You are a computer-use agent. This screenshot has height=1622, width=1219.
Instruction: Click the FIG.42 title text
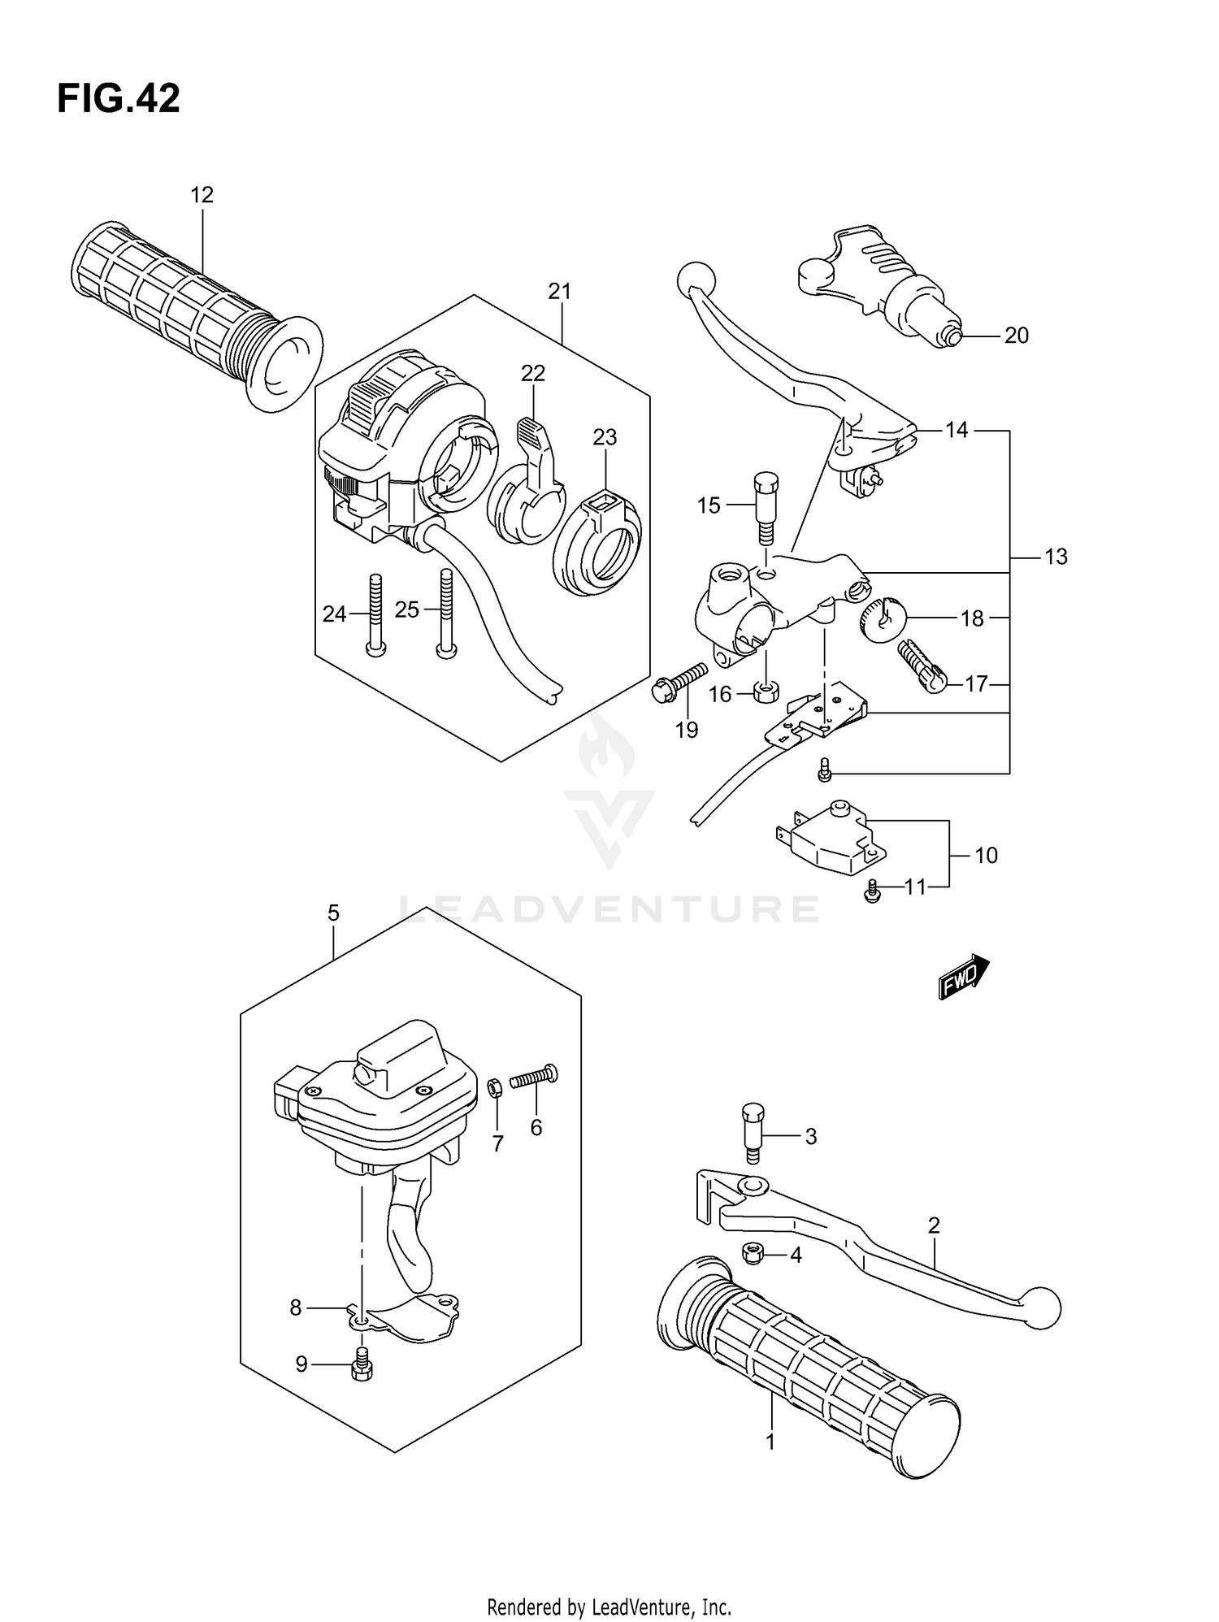[x=119, y=99]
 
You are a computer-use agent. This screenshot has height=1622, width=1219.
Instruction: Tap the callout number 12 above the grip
[x=202, y=195]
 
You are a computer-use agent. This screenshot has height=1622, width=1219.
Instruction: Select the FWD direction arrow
[x=964, y=977]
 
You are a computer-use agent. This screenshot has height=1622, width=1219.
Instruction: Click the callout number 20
[x=1016, y=336]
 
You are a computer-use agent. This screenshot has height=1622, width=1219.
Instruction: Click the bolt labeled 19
[x=678, y=682]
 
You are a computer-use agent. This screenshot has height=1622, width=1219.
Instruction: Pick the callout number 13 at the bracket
[x=1055, y=557]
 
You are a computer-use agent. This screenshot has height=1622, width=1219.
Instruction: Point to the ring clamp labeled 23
[x=596, y=544]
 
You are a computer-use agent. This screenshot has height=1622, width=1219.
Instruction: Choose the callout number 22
[x=533, y=373]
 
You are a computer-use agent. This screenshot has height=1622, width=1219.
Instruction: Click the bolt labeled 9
[x=361, y=1365]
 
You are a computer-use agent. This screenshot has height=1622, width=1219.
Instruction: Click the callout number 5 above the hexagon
[x=333, y=913]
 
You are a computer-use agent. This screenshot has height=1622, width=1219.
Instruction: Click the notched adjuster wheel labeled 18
[x=881, y=619]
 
